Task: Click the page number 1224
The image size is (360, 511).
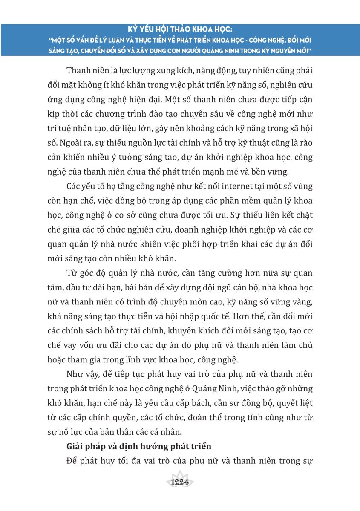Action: (179, 482)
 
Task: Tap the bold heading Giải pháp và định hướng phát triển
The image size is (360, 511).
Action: (139, 447)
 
